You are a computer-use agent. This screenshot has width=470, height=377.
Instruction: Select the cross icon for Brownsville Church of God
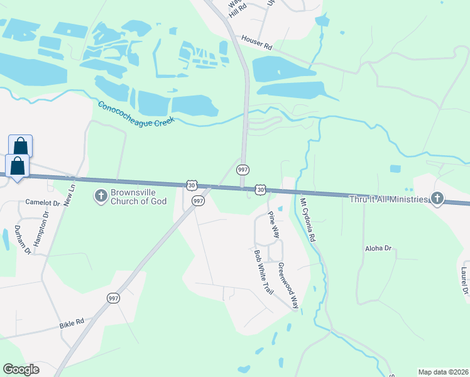(x=100, y=197)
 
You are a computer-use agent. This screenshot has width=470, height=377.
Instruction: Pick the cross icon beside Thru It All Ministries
(x=437, y=199)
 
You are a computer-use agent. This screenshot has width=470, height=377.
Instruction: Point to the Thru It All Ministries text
(x=389, y=199)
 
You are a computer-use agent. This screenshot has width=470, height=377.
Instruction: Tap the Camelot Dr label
(x=42, y=202)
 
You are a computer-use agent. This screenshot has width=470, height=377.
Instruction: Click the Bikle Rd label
(x=71, y=324)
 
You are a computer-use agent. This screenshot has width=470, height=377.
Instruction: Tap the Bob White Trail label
(x=263, y=272)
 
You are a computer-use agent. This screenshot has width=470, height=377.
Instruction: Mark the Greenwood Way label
(x=287, y=285)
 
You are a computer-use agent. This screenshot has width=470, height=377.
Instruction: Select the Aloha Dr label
(x=378, y=249)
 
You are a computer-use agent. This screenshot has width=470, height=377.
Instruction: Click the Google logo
(x=21, y=369)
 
